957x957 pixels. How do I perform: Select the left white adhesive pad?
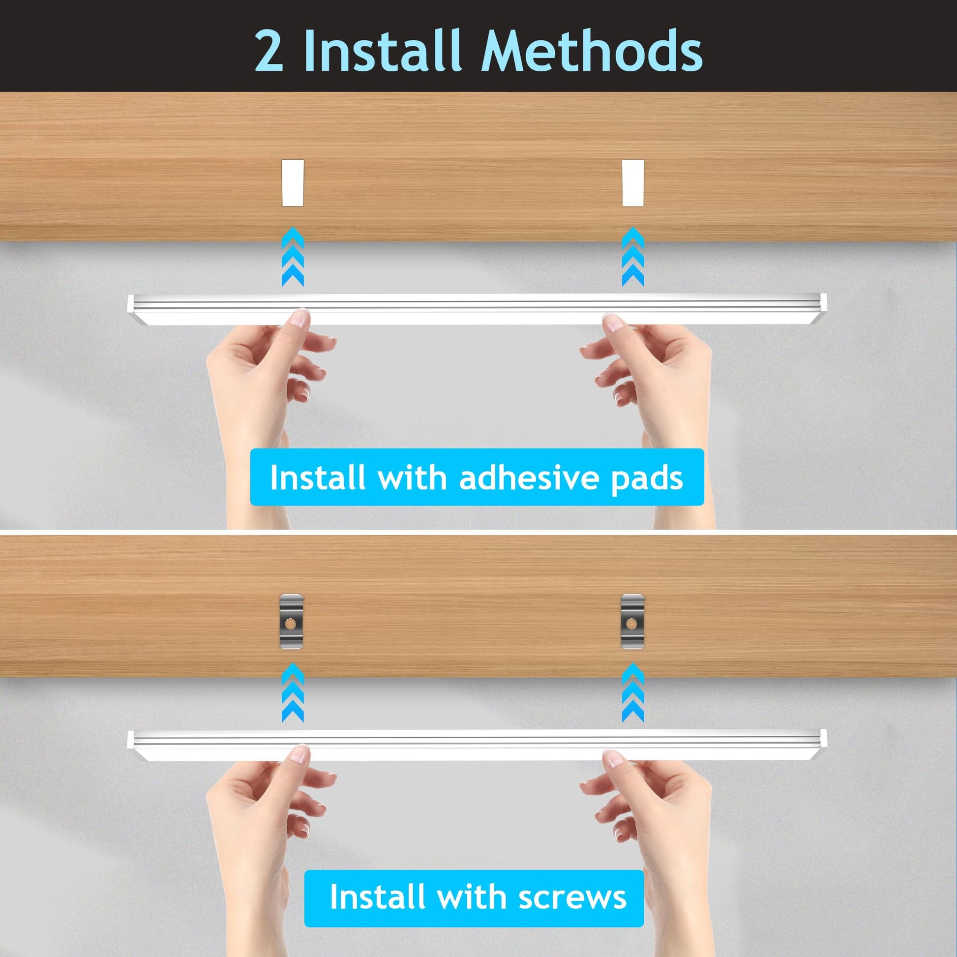(293, 183)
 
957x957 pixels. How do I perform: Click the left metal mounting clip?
(291, 621)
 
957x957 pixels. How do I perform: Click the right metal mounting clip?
(633, 621)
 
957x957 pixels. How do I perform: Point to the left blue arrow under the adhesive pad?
(293, 257)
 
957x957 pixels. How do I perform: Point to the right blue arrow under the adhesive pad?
(633, 257)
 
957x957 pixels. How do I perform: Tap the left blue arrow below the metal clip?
(293, 692)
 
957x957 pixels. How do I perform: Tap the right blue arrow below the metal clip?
(633, 692)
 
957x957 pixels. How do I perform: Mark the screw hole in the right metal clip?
(631, 623)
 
